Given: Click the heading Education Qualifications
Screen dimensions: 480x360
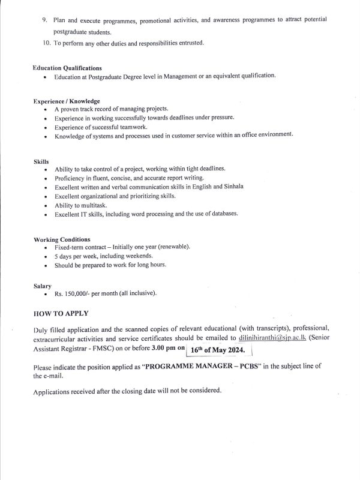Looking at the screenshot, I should (x=67, y=68).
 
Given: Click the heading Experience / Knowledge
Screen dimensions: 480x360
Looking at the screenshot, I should (x=67, y=101).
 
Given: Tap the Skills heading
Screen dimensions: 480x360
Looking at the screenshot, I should (x=41, y=161).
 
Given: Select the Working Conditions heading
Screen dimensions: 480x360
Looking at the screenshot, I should (x=62, y=239).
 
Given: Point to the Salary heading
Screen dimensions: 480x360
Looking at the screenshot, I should (x=43, y=286).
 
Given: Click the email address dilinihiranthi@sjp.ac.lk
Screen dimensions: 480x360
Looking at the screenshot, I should (x=269, y=338).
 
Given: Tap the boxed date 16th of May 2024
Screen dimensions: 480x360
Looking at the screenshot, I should (x=223, y=351).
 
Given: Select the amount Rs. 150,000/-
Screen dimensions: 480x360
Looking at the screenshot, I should (x=75, y=293).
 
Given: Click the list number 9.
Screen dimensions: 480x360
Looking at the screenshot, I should (x=45, y=20).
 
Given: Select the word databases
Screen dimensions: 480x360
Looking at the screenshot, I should (x=221, y=213).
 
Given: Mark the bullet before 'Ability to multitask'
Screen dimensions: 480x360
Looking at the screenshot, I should (x=46, y=205).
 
